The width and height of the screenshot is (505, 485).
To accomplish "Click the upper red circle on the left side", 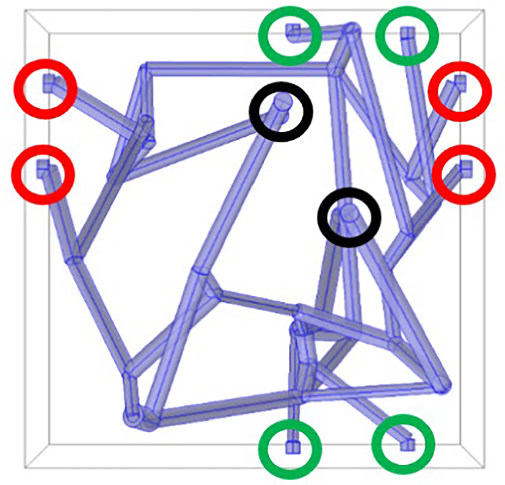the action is tap(46, 89).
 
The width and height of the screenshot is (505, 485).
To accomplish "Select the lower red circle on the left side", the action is tap(43, 175).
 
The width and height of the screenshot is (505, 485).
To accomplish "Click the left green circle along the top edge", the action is tap(290, 35).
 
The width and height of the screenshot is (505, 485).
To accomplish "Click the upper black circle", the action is tap(281, 111).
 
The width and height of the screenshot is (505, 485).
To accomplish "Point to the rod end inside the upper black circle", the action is tap(283, 103).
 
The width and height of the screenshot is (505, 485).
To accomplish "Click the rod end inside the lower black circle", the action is tap(349, 213).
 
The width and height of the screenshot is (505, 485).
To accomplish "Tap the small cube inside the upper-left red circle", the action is tap(48, 82).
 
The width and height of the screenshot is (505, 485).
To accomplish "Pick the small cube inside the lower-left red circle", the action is tap(43, 166).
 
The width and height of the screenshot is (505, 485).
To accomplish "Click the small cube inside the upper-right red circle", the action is tap(461, 81).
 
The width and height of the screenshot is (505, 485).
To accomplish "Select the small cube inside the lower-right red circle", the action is tap(466, 166).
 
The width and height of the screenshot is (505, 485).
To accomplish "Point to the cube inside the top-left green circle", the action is tap(292, 29).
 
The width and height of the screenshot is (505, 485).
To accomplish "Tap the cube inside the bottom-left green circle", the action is tap(291, 447).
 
